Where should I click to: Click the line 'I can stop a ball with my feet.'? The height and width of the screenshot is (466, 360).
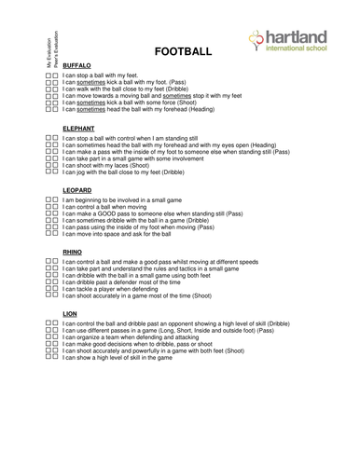click(x=111, y=75)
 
